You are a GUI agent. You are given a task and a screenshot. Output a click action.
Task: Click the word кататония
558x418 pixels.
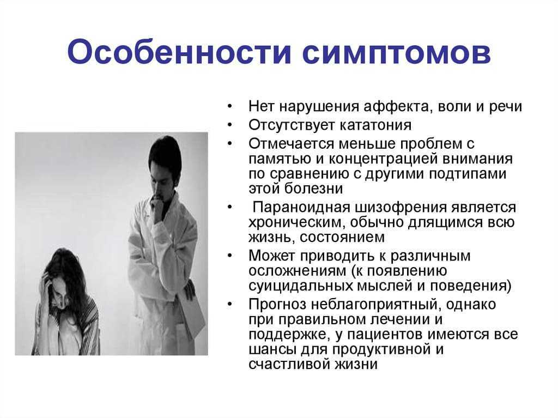tap(375, 125)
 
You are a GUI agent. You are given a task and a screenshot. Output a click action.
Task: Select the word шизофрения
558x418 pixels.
tap(399, 208)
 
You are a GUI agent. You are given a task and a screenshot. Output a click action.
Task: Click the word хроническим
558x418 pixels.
tap(297, 222)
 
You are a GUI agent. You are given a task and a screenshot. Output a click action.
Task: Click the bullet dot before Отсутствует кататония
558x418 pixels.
tap(230, 125)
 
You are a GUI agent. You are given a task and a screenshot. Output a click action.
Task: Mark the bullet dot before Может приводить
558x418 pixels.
tap(230, 256)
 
